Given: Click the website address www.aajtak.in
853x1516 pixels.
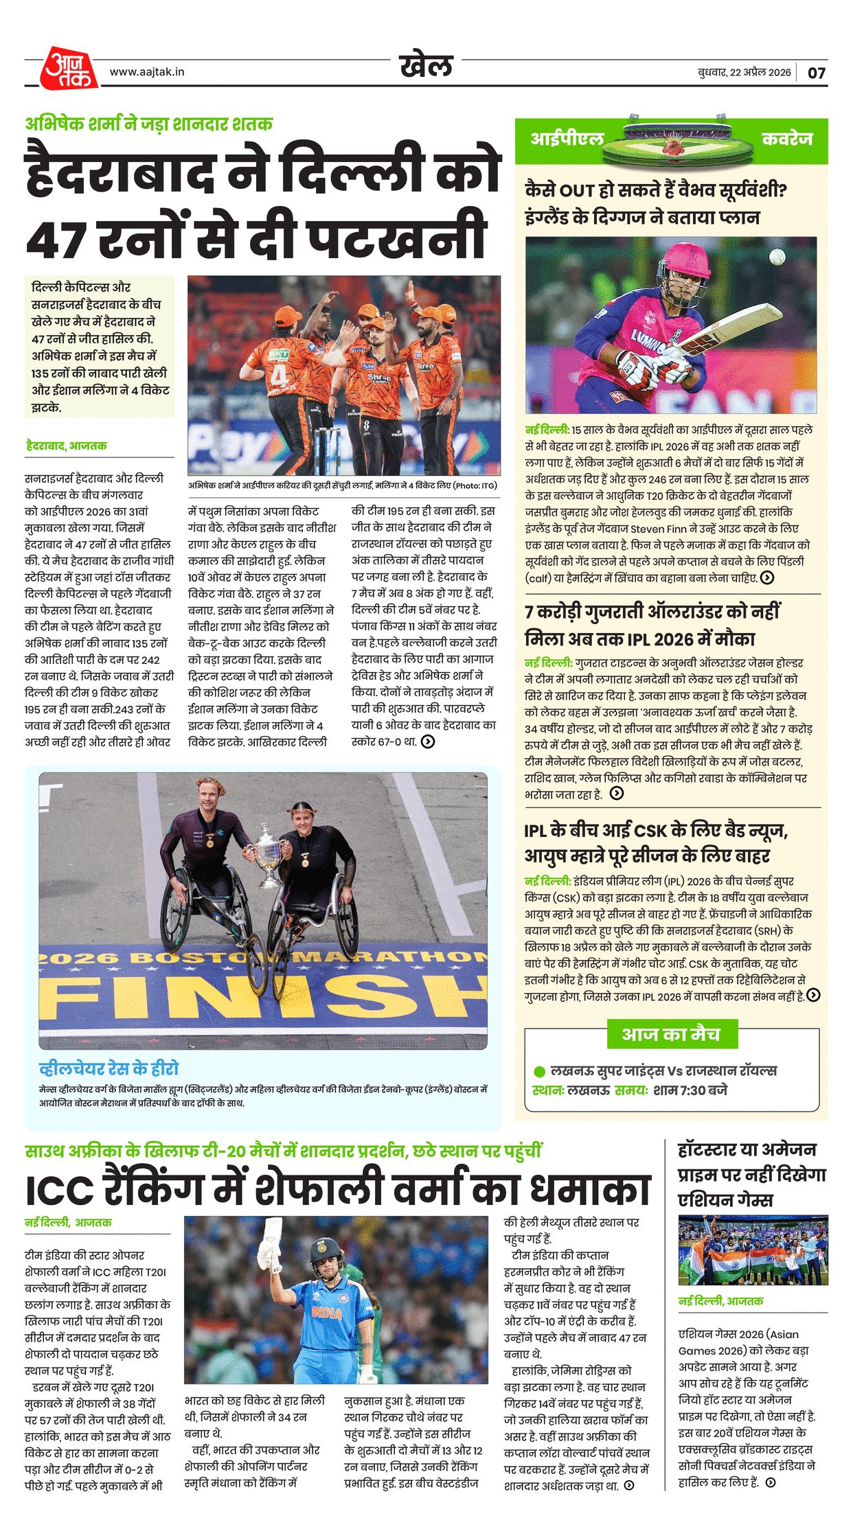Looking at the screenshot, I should click(x=147, y=71).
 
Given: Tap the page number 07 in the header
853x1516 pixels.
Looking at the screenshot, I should click(x=817, y=73).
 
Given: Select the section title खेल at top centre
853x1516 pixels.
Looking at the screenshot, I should click(x=426, y=66).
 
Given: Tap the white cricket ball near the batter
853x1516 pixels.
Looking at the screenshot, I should click(x=777, y=257).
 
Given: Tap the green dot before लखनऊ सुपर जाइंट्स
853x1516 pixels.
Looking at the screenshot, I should click(x=539, y=1071).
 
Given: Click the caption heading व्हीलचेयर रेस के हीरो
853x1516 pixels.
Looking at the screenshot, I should click(x=109, y=1068).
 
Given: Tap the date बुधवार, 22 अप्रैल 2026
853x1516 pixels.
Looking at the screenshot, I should click(x=744, y=73).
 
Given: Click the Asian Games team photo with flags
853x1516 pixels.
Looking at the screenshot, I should click(x=753, y=1250).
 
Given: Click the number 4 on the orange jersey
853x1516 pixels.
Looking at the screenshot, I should click(x=279, y=375).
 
